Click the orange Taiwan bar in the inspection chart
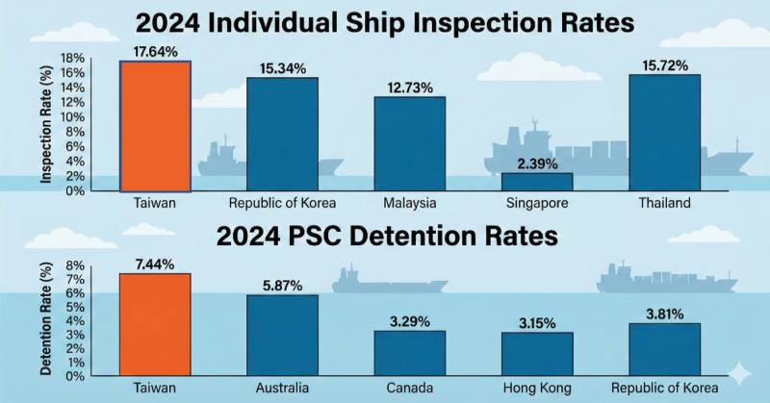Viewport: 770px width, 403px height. (x=154, y=126)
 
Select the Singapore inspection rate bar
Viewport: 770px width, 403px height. (x=537, y=182)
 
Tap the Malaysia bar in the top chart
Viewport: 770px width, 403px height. (x=409, y=143)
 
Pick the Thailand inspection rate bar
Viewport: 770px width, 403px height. (x=665, y=133)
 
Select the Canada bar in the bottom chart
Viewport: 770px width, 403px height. (x=409, y=353)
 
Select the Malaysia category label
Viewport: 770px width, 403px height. (x=409, y=204)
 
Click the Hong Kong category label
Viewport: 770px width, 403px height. (x=537, y=390)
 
